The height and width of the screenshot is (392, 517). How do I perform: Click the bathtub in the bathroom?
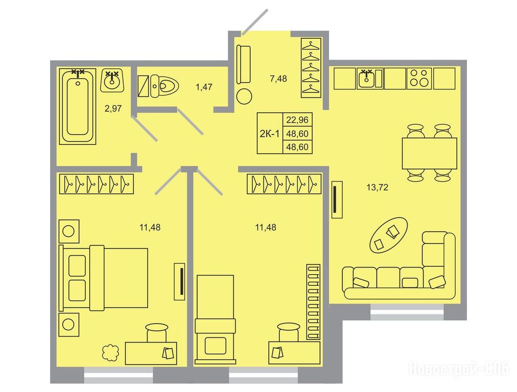[x=78, y=106]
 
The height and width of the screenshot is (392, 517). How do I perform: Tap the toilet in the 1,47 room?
[x=164, y=86]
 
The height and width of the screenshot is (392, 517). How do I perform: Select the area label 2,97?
[x=113, y=108]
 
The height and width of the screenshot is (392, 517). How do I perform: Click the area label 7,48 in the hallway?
[x=278, y=79]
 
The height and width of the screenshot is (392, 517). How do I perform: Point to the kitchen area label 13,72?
[x=377, y=187]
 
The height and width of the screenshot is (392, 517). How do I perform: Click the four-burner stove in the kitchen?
[x=419, y=79]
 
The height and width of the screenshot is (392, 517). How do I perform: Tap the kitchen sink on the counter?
[x=367, y=79]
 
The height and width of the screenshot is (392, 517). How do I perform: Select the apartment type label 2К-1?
[x=270, y=133]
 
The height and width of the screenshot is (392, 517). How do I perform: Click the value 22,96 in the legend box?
[x=297, y=119]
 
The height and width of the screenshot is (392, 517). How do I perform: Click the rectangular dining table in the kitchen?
[x=429, y=153]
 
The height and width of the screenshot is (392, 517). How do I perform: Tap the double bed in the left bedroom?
[x=103, y=278]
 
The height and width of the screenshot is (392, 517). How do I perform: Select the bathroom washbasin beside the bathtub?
[x=112, y=80]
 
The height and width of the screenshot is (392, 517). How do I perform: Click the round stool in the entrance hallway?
[x=244, y=96]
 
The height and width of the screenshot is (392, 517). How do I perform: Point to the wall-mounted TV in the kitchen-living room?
[x=337, y=200]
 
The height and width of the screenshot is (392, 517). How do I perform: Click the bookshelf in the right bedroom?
[x=313, y=302]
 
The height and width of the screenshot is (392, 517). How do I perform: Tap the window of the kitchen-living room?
[x=407, y=312]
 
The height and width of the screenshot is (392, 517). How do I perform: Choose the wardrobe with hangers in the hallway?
[x=311, y=68]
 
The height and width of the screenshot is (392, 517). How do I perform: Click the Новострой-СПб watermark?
[x=459, y=369]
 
